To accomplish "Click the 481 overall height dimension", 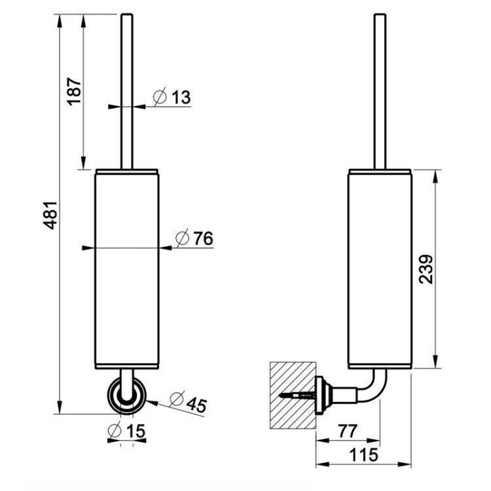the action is pyautogui.click(x=50, y=215).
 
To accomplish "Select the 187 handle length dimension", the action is pyautogui.click(x=74, y=92).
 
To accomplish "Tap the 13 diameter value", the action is pyautogui.click(x=181, y=97).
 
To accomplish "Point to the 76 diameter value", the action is pyautogui.click(x=203, y=238).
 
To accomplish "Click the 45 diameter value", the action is pyautogui.click(x=196, y=405).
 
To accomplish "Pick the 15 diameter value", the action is pyautogui.click(x=136, y=431).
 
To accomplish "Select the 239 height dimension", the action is pyautogui.click(x=426, y=269).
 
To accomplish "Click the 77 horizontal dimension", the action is pyautogui.click(x=347, y=431).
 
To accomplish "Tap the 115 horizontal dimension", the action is pyautogui.click(x=363, y=455).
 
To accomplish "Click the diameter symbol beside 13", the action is pyautogui.click(x=160, y=96).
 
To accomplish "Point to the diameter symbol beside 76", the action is pyautogui.click(x=182, y=238).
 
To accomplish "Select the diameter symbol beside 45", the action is pyautogui.click(x=177, y=399).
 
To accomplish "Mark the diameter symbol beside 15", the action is pyautogui.click(x=115, y=431).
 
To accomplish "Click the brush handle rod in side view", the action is pyautogui.click(x=380, y=92).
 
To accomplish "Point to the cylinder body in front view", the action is pyautogui.click(x=127, y=269).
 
